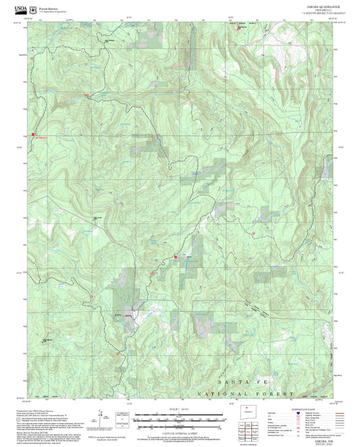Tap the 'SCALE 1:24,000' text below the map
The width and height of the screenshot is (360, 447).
[x=179, y=409]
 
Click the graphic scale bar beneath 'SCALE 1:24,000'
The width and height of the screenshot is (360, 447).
[x=180, y=417]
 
